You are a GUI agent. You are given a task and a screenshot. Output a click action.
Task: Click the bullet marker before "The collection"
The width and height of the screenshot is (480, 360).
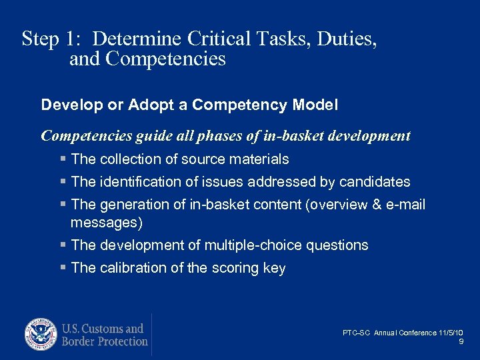pos(63,159)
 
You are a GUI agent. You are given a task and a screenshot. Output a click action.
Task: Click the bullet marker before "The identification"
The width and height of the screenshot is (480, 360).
pos(63,182)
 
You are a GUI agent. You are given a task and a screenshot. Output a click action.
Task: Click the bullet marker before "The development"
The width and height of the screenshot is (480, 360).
pos(63,245)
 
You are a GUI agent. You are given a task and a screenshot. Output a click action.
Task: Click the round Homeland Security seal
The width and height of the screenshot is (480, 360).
pos(41,335)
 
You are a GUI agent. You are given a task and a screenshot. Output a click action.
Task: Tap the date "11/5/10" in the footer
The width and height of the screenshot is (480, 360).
pos(451,333)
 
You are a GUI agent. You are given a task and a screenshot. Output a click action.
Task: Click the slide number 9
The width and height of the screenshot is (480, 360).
pos(461,341)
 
